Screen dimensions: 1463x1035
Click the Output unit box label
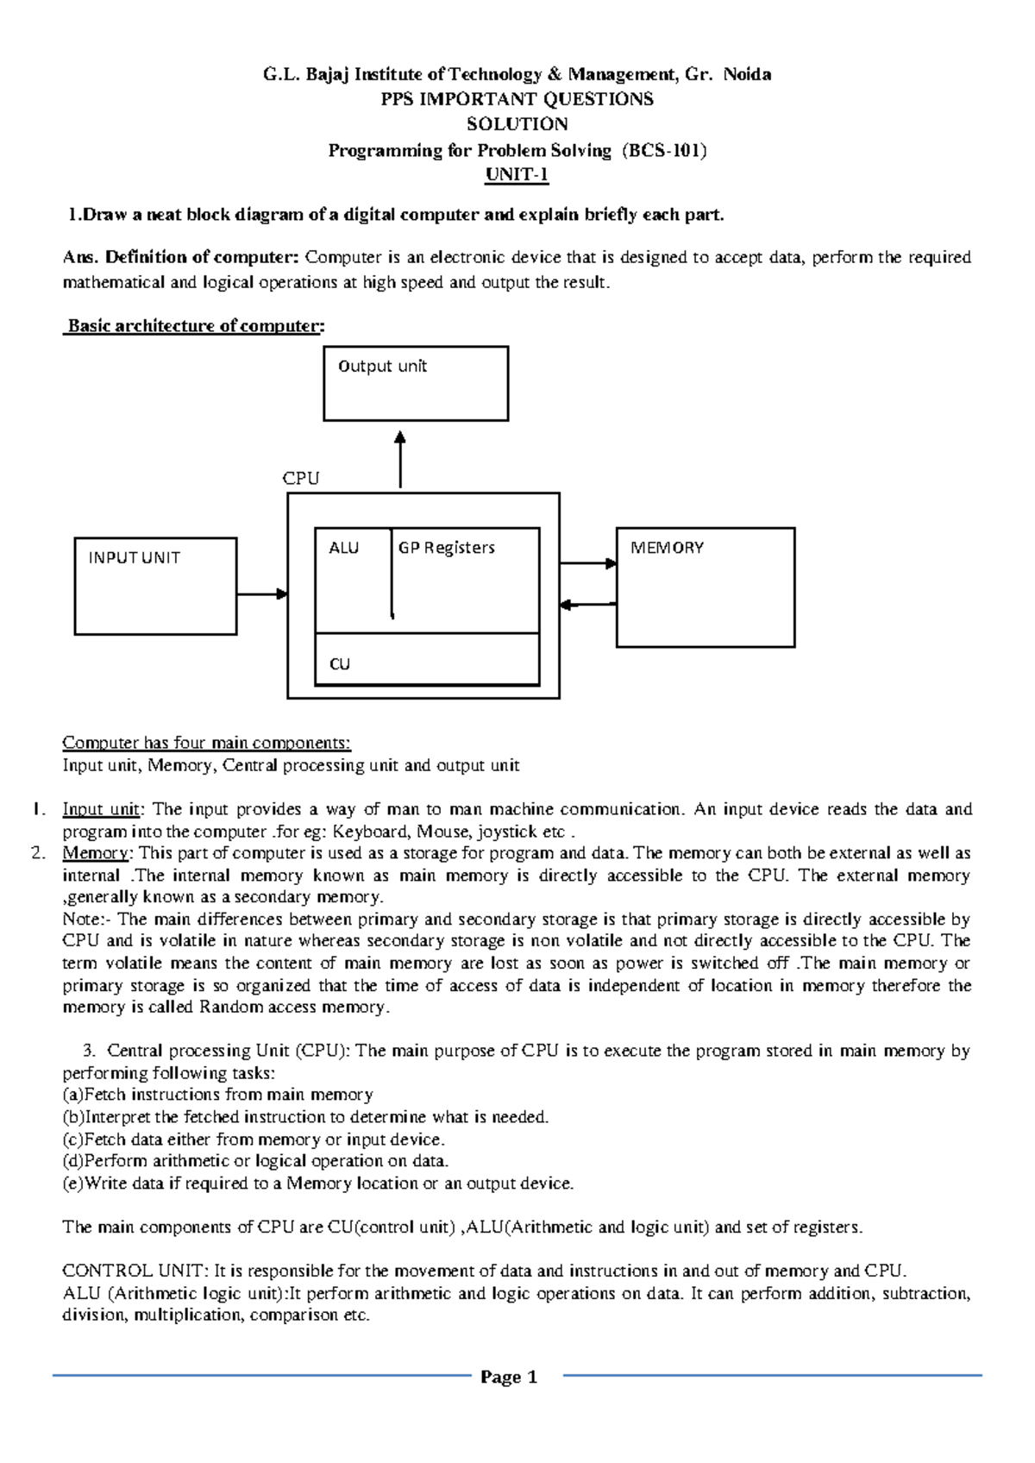coord(382,367)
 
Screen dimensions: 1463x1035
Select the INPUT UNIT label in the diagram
coord(134,558)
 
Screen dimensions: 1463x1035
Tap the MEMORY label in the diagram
coord(667,548)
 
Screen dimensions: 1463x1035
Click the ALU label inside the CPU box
coord(343,548)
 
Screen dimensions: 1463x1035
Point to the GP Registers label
coord(446,548)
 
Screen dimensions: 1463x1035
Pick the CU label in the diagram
coord(340,664)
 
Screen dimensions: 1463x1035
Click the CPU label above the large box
coord(301,479)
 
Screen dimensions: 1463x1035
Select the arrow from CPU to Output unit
coord(400,462)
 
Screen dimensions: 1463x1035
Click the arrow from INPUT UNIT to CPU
coord(261,593)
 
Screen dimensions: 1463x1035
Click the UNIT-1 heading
coord(517,175)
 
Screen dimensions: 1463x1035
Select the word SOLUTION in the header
coord(517,124)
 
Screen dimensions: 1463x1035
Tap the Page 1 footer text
coord(509,1377)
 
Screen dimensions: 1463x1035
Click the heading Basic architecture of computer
coord(195,326)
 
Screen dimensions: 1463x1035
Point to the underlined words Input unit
coord(101,809)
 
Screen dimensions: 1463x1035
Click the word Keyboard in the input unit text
coord(371,832)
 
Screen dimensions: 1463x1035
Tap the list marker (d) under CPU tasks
coord(72,1161)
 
